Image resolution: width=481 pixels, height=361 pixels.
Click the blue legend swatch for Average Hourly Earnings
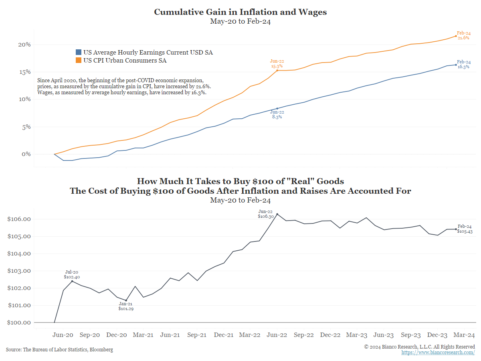(79, 52)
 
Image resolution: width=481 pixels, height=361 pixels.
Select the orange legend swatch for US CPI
(79, 61)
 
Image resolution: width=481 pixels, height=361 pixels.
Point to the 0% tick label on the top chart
(26, 154)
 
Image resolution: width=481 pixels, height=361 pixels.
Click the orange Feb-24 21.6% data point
(456, 36)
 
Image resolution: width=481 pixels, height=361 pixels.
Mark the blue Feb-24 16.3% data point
(456, 65)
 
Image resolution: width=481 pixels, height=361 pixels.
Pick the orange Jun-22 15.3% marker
(277, 70)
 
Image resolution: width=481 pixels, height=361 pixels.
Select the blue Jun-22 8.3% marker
(277, 108)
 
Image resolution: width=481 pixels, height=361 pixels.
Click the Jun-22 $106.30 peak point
(277, 214)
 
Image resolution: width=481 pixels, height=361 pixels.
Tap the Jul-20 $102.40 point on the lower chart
(72, 281)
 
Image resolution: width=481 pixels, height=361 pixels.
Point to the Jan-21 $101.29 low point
(126, 300)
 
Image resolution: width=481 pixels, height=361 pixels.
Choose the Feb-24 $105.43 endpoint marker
(456, 229)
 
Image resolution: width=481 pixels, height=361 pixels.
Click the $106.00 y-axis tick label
(19, 219)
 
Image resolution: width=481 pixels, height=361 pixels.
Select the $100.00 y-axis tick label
(19, 322)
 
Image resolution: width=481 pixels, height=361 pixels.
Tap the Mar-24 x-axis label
(465, 335)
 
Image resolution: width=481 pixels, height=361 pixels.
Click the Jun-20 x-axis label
(63, 335)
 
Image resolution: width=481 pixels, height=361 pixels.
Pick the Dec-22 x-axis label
(330, 335)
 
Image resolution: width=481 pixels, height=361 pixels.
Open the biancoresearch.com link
(438, 352)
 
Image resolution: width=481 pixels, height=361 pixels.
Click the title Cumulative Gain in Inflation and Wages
(240, 12)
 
